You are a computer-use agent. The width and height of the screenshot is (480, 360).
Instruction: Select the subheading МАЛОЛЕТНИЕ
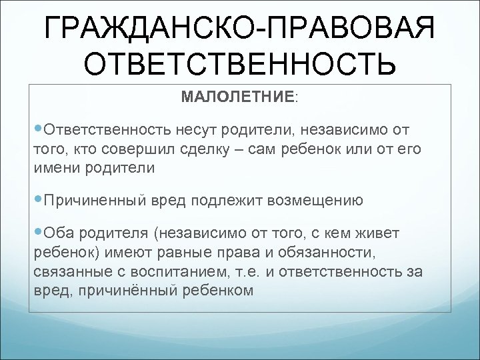click(x=237, y=97)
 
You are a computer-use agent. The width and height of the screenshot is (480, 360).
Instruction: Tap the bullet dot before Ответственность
click(x=36, y=127)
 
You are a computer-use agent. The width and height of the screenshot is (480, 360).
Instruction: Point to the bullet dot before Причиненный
click(x=36, y=199)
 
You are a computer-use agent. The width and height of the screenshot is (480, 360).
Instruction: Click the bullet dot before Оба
click(x=36, y=233)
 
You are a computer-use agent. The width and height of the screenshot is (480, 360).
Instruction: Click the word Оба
click(x=58, y=233)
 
